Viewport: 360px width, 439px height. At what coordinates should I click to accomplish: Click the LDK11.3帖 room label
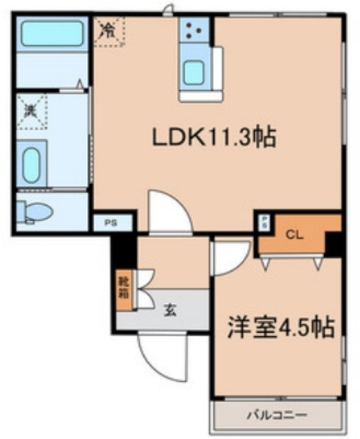(x=213, y=139)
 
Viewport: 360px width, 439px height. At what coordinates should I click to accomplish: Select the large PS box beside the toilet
(x=110, y=222)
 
